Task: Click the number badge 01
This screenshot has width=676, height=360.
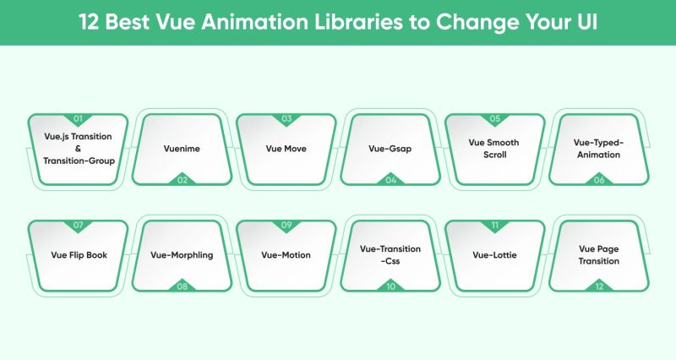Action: coord(78,119)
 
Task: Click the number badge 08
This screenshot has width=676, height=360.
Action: coord(182,286)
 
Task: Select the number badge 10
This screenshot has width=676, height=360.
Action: coord(390,286)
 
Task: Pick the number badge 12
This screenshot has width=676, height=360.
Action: coord(599,286)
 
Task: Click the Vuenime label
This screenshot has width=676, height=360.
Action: coord(182,149)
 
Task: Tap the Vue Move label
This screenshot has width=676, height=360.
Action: coord(286,149)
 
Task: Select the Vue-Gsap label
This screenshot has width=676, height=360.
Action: coord(390,149)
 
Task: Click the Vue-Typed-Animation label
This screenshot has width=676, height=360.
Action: coord(599,149)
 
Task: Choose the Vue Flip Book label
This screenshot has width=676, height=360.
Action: coord(78,255)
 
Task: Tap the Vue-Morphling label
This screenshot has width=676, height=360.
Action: coord(182,255)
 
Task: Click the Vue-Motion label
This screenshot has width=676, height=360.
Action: coord(286,255)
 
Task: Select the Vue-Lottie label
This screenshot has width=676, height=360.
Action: coord(494,255)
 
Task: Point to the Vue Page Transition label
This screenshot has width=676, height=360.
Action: coord(599,255)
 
